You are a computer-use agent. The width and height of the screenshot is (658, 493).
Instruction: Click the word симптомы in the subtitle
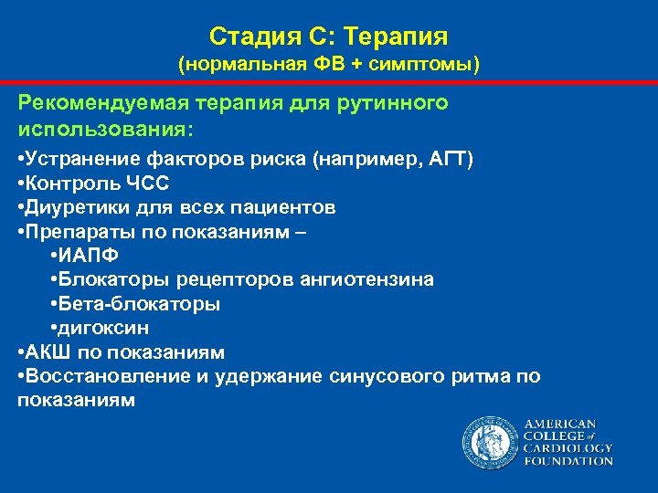click(x=415, y=66)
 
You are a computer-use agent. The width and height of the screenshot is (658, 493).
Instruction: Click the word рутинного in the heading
click(x=398, y=103)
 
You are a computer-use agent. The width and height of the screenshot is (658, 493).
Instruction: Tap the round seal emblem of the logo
click(x=490, y=444)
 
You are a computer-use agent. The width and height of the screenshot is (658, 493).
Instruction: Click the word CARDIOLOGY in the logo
click(x=568, y=448)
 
